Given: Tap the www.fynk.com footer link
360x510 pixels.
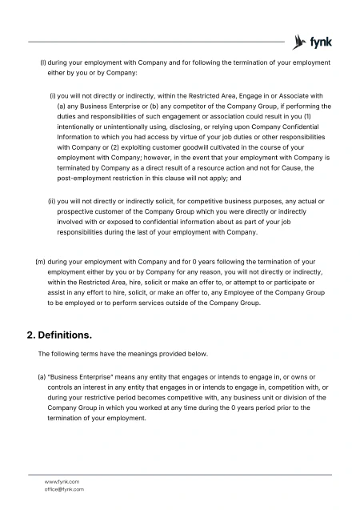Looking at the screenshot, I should pyautogui.click(x=62, y=481).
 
